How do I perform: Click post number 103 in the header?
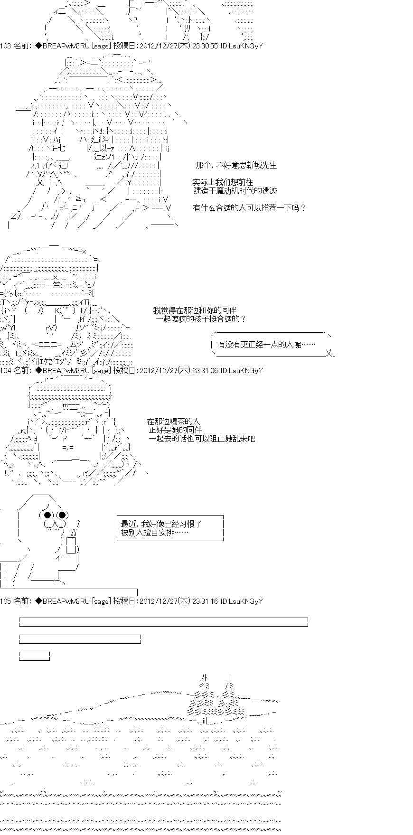pos(6,46)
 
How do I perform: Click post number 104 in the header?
pos(6,370)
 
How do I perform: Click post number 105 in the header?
pos(6,601)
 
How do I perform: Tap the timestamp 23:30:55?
pos(206,46)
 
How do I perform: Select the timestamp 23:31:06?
pos(206,370)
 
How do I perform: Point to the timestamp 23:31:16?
pos(206,601)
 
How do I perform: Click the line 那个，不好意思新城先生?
pos(236,165)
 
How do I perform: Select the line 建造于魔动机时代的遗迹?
pos(235,191)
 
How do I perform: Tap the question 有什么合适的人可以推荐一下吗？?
pos(250,208)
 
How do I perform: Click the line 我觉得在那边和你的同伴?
pos(195,310)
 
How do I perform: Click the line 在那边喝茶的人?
pos(174,422)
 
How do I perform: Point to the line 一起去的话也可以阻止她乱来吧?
pos(202,439)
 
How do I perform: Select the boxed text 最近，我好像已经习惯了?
pos(162,524)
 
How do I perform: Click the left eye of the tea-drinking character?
pos(47,515)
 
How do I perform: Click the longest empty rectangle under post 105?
pos(164,622)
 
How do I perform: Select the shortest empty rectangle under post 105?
pos(34,656)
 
